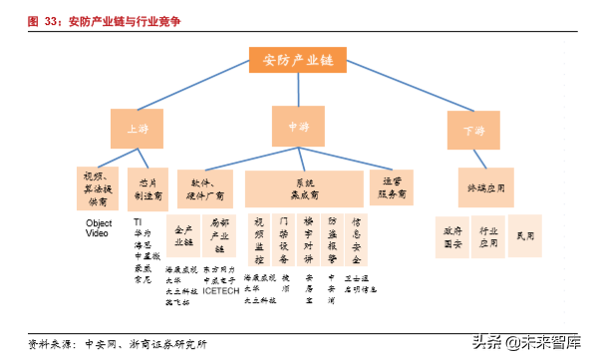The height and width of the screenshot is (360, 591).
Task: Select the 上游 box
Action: pos(136,130)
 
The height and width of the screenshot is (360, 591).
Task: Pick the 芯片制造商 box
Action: pos(148,187)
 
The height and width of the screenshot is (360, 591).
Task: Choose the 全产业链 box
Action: pos(183,236)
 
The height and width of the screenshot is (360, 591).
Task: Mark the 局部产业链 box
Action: pos(220,236)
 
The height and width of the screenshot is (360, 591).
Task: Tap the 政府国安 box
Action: pos(452,235)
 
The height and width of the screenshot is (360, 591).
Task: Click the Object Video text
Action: pos(98,228)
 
